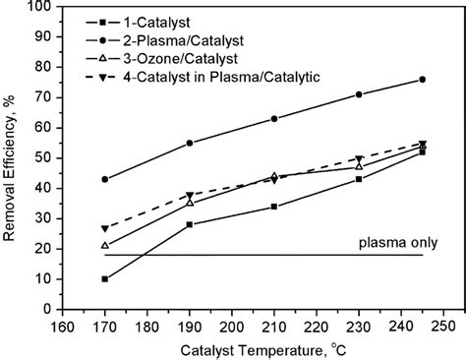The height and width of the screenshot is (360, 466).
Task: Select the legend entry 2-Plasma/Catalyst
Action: click(x=181, y=39)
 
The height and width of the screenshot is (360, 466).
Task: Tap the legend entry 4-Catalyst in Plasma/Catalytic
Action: click(x=211, y=77)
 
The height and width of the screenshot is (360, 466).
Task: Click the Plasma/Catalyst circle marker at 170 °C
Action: click(x=105, y=179)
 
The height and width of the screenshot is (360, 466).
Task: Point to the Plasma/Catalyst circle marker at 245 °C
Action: click(x=423, y=80)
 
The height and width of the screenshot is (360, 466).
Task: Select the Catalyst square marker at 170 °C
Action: click(x=105, y=278)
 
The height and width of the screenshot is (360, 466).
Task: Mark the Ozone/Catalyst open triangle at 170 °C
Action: click(x=105, y=245)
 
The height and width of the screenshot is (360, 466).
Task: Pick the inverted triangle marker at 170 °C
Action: click(x=105, y=228)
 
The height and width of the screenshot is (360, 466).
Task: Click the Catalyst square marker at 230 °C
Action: click(x=359, y=179)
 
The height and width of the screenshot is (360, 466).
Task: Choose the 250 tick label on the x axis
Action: click(x=443, y=325)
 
